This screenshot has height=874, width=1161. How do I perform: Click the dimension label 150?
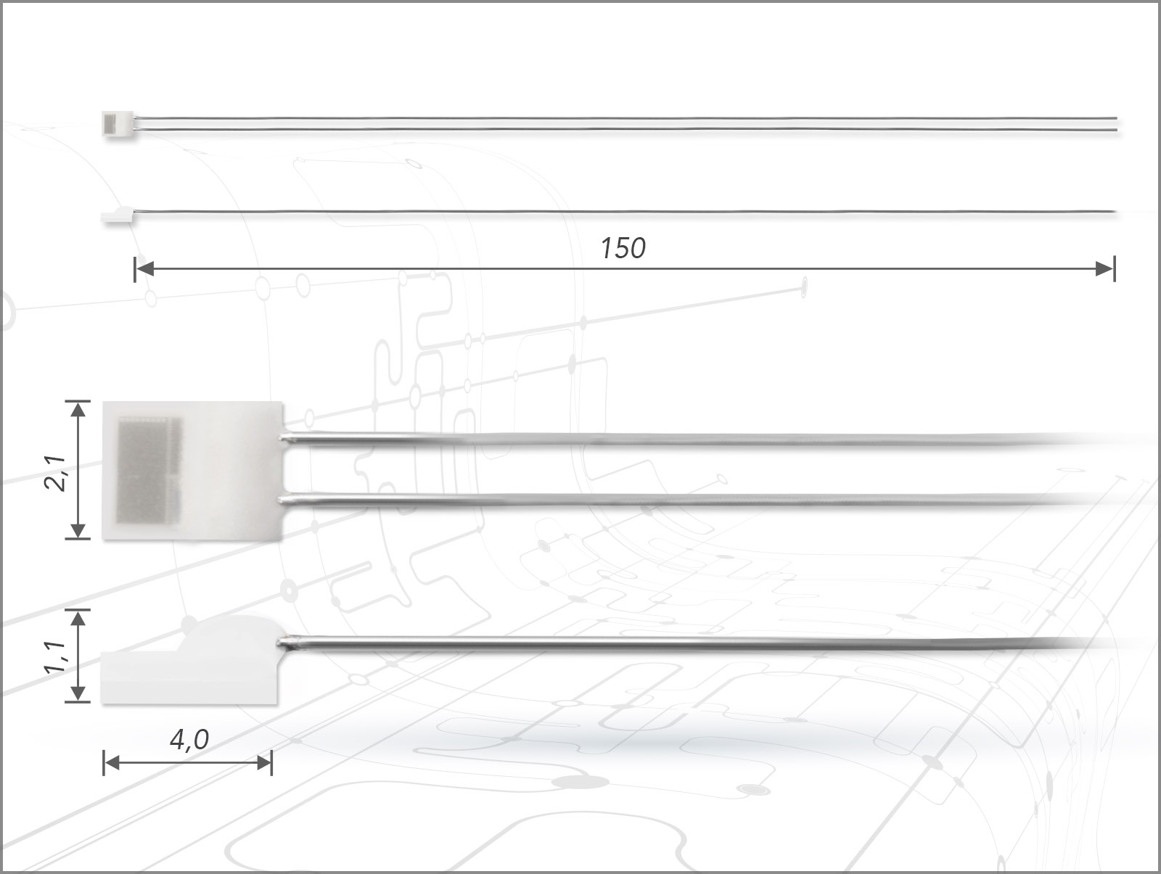click(x=623, y=248)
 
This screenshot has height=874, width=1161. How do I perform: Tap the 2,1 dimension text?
click(x=55, y=473)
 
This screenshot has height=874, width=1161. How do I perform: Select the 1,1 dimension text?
click(x=55, y=657)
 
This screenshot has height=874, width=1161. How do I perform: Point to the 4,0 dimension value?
click(x=189, y=739)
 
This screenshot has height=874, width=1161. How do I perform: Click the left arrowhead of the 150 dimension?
click(x=144, y=268)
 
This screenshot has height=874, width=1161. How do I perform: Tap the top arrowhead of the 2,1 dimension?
click(x=78, y=411)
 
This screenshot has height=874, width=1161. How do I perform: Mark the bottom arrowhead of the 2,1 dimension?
click(x=78, y=530)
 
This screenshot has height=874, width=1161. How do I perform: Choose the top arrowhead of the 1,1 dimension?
click(x=78, y=619)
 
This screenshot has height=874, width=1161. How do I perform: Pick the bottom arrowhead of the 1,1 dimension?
click(x=78, y=693)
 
